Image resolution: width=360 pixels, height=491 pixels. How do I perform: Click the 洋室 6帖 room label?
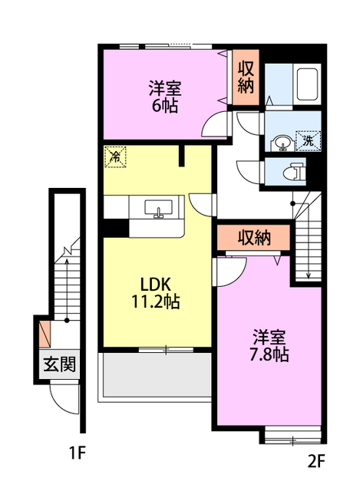click(165, 97)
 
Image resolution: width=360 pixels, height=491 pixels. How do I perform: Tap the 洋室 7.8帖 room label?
click(269, 346)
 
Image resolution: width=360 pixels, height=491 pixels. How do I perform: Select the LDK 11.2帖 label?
click(155, 293)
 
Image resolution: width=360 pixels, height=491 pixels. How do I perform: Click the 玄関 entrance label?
click(60, 364)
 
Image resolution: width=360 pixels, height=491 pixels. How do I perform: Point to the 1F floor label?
click(78, 453)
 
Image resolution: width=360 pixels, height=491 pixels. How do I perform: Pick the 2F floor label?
click(316, 462)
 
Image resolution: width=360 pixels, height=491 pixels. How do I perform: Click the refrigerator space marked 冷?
click(116, 157)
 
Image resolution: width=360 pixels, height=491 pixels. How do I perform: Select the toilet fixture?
click(294, 171)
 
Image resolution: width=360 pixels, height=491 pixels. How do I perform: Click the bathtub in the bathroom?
click(307, 84)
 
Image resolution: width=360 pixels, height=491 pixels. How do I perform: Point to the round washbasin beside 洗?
click(283, 143)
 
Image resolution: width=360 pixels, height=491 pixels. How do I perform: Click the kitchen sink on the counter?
click(158, 209)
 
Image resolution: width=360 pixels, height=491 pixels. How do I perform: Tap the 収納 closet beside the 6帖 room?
click(246, 77)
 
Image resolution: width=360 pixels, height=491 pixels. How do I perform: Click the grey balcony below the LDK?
click(157, 375)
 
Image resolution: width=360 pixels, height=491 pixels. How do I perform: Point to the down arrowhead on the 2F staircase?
click(309, 275)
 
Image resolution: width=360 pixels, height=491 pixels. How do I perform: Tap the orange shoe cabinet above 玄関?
click(45, 334)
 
